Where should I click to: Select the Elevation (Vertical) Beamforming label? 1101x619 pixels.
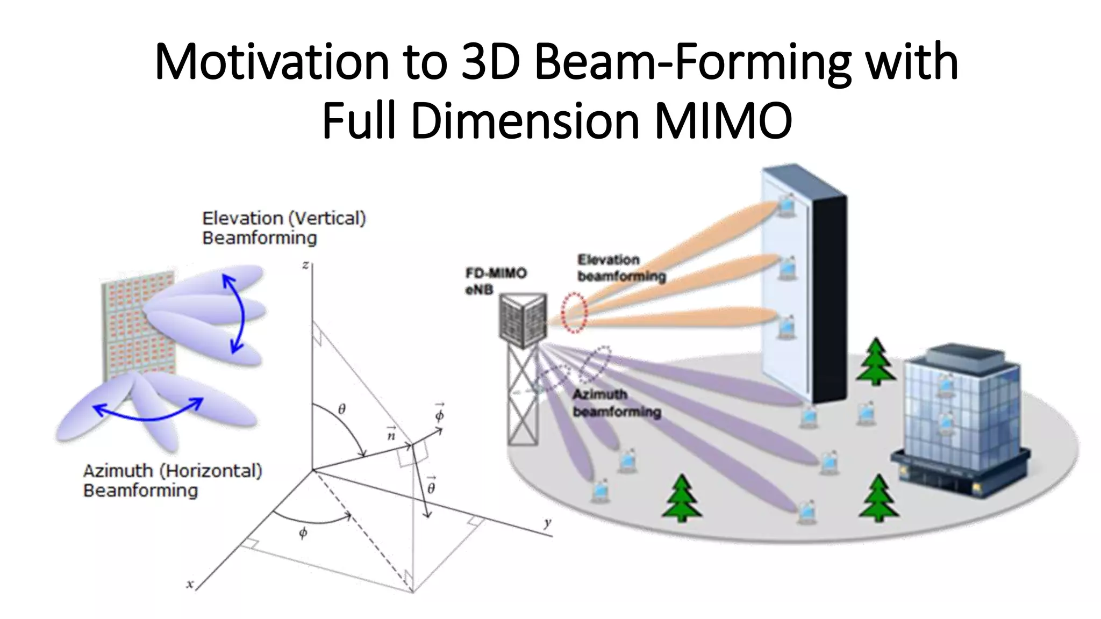click(x=283, y=228)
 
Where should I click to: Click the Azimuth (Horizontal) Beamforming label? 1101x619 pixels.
click(x=172, y=480)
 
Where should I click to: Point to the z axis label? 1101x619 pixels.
click(x=305, y=265)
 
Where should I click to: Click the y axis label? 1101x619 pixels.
click(x=547, y=523)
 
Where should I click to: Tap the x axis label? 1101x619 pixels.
click(x=189, y=584)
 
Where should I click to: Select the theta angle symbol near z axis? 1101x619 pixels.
click(x=342, y=409)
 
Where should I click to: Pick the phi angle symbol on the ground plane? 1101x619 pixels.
click(x=303, y=533)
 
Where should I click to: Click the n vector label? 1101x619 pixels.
click(x=391, y=434)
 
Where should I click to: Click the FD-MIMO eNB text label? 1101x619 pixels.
click(x=495, y=281)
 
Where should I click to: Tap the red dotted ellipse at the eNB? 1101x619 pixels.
click(x=574, y=313)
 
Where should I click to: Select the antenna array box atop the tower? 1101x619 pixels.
click(x=523, y=320)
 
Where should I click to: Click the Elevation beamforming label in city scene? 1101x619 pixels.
click(x=621, y=268)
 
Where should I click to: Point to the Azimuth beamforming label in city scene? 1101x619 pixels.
click(x=616, y=403)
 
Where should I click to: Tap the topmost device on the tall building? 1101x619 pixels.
click(x=786, y=206)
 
